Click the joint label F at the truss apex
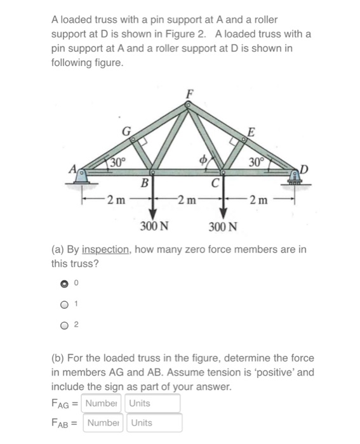[x=189, y=93]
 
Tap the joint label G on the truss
[x=126, y=131]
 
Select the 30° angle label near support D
[x=256, y=161]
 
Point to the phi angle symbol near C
[x=204, y=159]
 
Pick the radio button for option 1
[x=64, y=304]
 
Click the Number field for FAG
[x=103, y=403]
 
